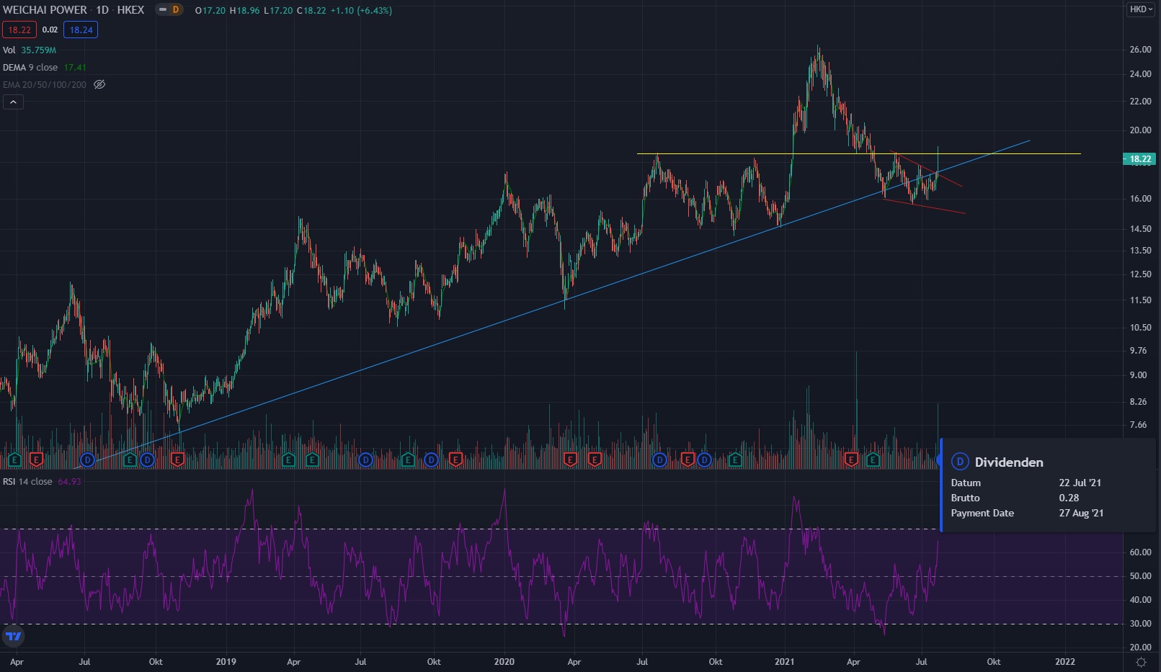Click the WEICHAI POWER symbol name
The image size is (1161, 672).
45,10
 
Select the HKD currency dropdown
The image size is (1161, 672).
1141,9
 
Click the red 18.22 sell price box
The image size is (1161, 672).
19,30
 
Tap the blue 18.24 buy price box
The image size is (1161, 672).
81,30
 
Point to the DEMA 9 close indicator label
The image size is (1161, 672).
30,67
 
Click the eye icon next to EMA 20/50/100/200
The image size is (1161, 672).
99,84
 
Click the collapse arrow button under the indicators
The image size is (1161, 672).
13,102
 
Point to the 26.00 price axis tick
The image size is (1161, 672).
1140,50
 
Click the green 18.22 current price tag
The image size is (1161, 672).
1139,159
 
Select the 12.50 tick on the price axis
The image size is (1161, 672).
1140,274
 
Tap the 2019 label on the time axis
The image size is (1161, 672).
226,661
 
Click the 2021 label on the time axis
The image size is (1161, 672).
784,661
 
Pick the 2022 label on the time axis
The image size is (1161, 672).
1064,661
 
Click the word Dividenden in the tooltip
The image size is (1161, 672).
1008,462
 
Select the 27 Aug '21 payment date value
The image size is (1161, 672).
1081,513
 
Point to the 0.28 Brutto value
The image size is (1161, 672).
1069,498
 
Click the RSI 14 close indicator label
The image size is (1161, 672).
28,481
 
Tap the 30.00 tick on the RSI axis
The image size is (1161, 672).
1140,624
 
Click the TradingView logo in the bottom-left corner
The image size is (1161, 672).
14,636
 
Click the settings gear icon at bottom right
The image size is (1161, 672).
1141,661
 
